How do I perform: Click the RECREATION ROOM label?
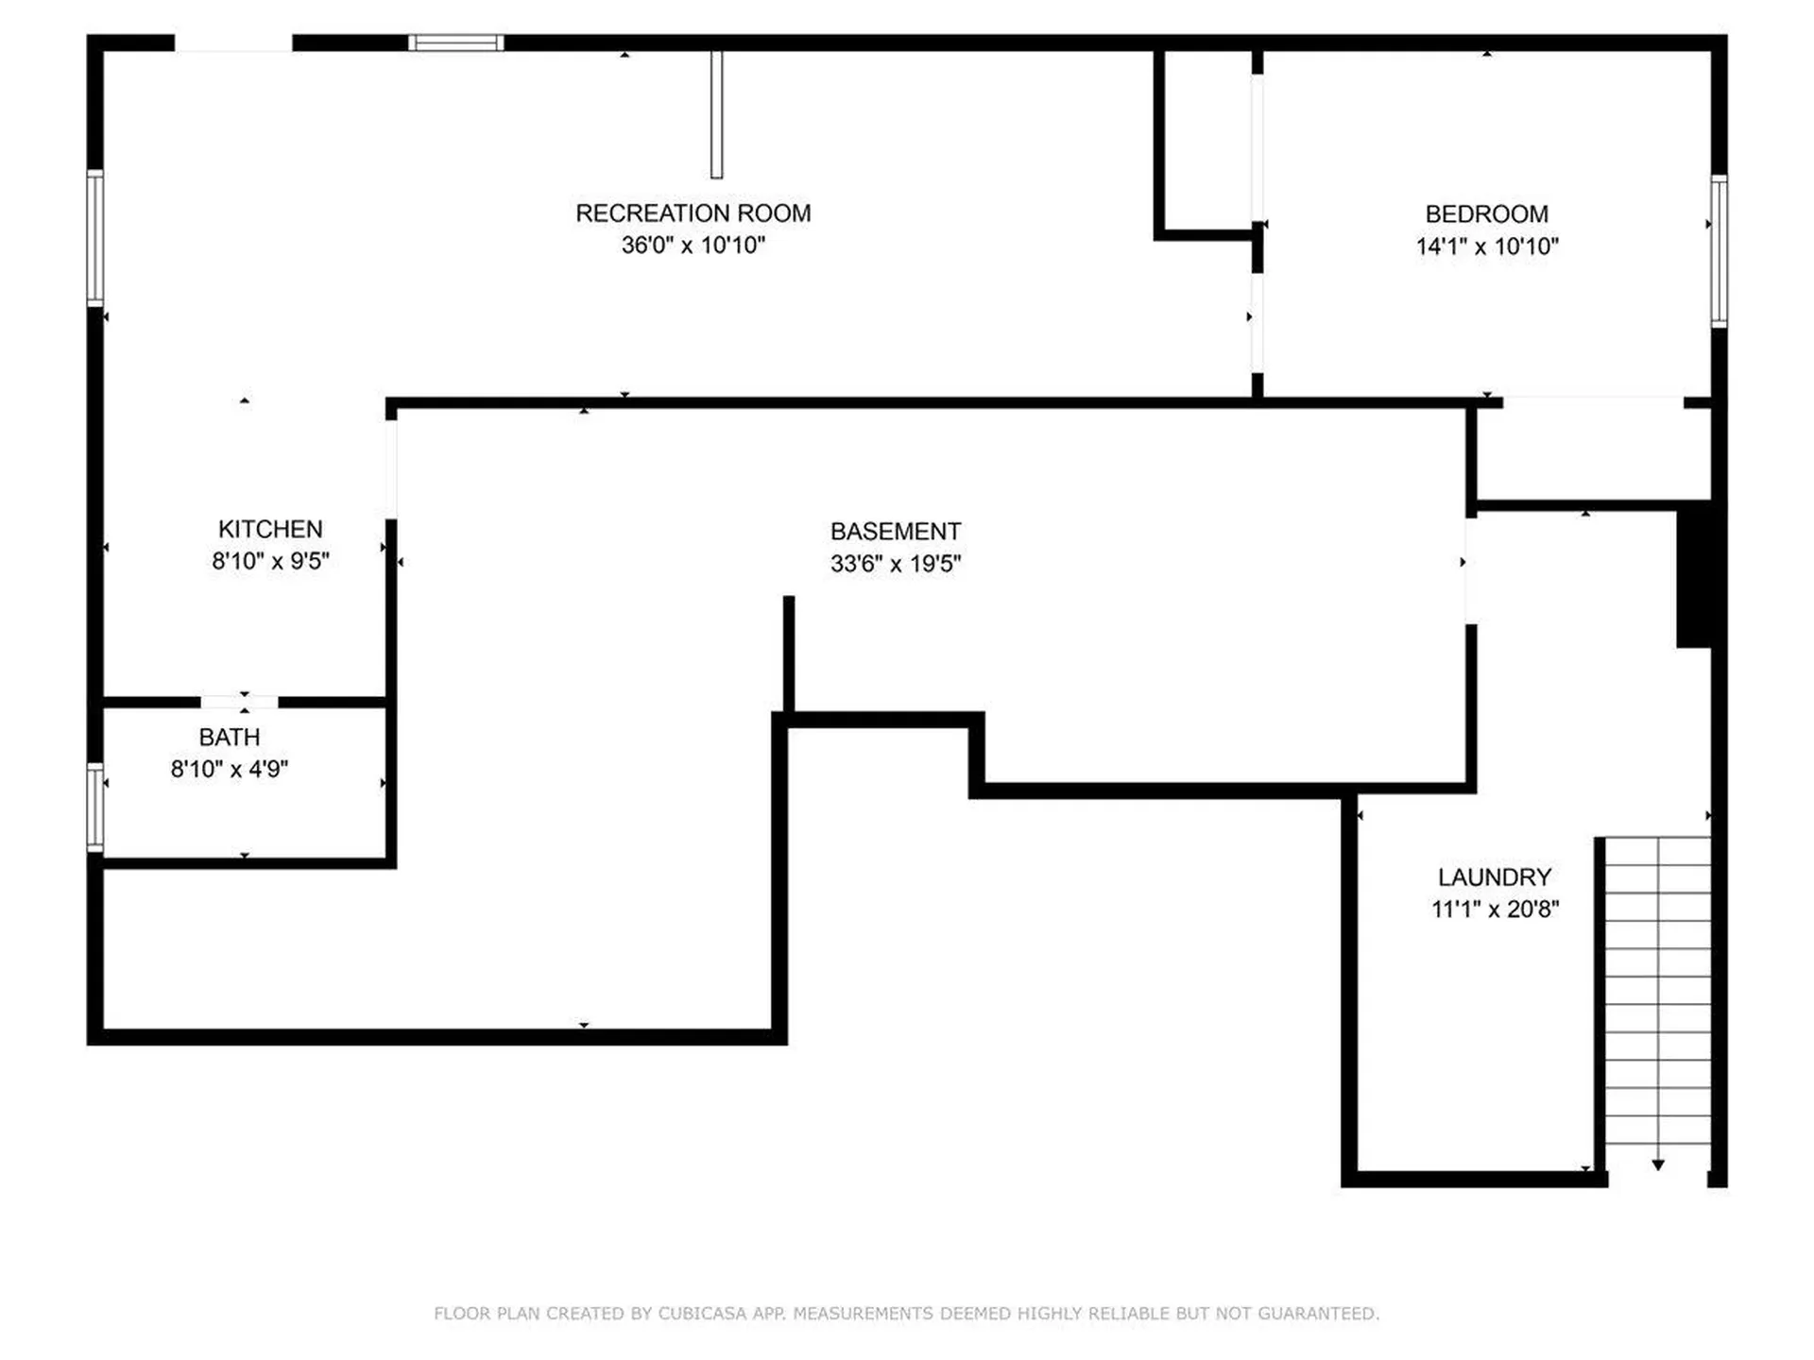point(693,213)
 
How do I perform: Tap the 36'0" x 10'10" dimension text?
point(693,246)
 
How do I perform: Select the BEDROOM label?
point(1486,214)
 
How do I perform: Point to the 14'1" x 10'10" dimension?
point(1486,246)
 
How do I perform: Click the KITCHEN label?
point(270,529)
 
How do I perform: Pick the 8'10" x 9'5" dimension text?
point(270,561)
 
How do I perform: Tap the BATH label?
point(229,737)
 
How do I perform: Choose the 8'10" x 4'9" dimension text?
point(229,769)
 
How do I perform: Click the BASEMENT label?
point(896,531)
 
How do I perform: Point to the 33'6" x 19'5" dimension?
point(896,563)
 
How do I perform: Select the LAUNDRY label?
point(1494,877)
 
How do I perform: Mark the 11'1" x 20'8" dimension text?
point(1494,909)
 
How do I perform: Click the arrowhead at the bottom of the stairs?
point(1657,1165)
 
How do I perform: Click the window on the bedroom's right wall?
point(1720,251)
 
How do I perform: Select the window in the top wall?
point(455,42)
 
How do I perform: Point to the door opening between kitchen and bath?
point(239,702)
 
